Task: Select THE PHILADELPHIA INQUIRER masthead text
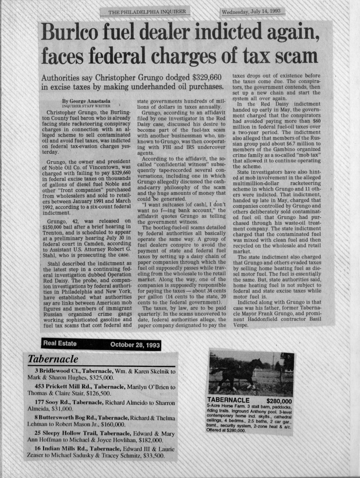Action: click(x=147, y=12)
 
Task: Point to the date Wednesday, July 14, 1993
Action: click(x=252, y=12)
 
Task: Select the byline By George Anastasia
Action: click(x=88, y=101)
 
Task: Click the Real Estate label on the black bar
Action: click(x=59, y=344)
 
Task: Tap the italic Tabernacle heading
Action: click(x=53, y=359)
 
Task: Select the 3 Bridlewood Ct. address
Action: click(x=66, y=371)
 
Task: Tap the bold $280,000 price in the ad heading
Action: click(x=279, y=401)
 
